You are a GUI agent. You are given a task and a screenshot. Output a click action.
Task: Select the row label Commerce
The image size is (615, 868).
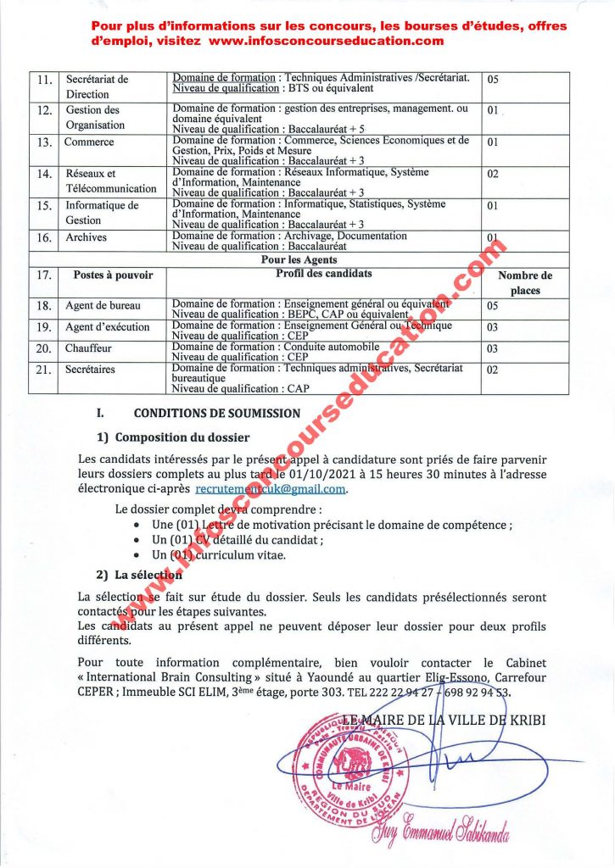tap(89, 142)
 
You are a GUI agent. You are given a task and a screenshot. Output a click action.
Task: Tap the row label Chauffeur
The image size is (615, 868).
tap(88, 348)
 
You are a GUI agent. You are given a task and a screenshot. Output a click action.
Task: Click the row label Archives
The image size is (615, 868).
tap(87, 237)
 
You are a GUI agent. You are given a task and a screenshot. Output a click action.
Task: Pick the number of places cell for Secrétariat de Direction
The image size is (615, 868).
tap(492, 80)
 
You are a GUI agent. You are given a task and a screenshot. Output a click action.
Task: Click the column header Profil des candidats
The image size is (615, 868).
tap(323, 274)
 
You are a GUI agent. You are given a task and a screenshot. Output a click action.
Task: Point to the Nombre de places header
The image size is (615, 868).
tap(524, 282)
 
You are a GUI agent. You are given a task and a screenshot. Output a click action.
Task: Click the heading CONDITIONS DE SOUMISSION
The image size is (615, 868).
tap(217, 414)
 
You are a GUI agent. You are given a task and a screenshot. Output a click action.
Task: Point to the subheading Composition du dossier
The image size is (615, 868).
tap(182, 437)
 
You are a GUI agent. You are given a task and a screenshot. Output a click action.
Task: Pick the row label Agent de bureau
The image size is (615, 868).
tap(103, 305)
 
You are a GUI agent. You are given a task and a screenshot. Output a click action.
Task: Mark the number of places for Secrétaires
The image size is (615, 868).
tap(492, 370)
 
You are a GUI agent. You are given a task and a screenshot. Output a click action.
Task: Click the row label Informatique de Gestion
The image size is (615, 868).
tap(102, 213)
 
